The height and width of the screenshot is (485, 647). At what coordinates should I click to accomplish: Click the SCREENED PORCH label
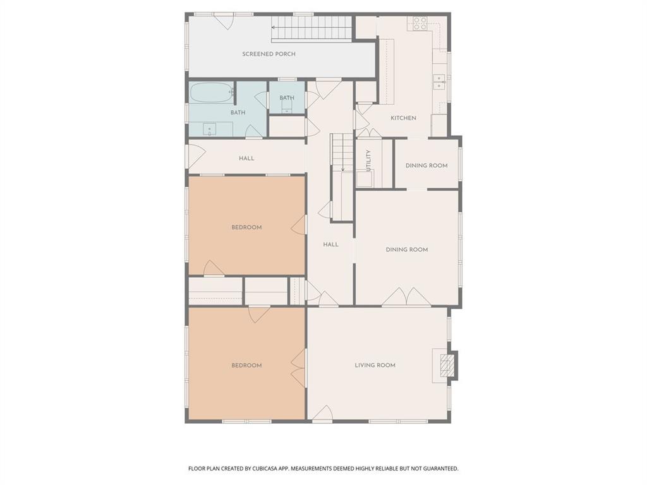pyautogui.click(x=269, y=54)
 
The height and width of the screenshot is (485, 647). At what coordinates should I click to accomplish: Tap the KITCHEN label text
pyautogui.click(x=403, y=118)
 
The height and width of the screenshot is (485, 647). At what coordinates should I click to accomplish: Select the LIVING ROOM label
pyautogui.click(x=375, y=365)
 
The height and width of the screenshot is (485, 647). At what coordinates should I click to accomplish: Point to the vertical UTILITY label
pyautogui.click(x=368, y=160)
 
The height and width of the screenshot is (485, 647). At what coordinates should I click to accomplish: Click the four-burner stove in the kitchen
pyautogui.click(x=420, y=23)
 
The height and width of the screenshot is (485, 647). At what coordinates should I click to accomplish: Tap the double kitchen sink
pyautogui.click(x=439, y=81)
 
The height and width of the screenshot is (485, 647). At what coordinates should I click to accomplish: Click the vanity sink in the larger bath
pyautogui.click(x=210, y=129)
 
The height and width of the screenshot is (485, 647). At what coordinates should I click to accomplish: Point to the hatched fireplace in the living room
pyautogui.click(x=447, y=365)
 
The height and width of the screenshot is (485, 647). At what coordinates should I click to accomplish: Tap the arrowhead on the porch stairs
pyautogui.click(x=274, y=27)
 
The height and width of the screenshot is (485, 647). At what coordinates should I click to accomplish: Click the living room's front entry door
pyautogui.click(x=323, y=414)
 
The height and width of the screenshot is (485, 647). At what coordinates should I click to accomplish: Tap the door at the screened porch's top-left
pyautogui.click(x=224, y=21)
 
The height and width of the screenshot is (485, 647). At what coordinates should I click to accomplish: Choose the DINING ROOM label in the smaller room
pyautogui.click(x=426, y=165)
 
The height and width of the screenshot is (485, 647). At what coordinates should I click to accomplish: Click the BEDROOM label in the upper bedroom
pyautogui.click(x=246, y=227)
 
